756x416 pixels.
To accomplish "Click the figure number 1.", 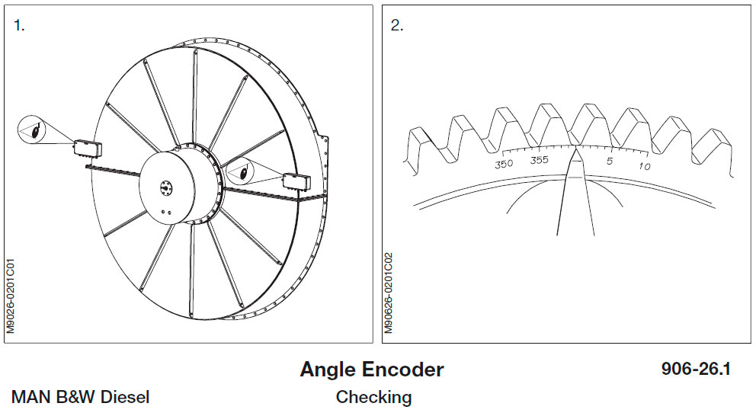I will point(19,25).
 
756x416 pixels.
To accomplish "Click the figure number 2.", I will point(396,25).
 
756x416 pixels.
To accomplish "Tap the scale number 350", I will point(504,164).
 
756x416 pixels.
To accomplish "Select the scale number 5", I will point(609,161).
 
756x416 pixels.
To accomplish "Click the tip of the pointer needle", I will point(575,149).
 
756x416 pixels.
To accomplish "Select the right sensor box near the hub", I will point(295,181).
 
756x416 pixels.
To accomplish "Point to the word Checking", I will point(373,397).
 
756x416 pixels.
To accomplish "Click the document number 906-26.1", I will point(696,370).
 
